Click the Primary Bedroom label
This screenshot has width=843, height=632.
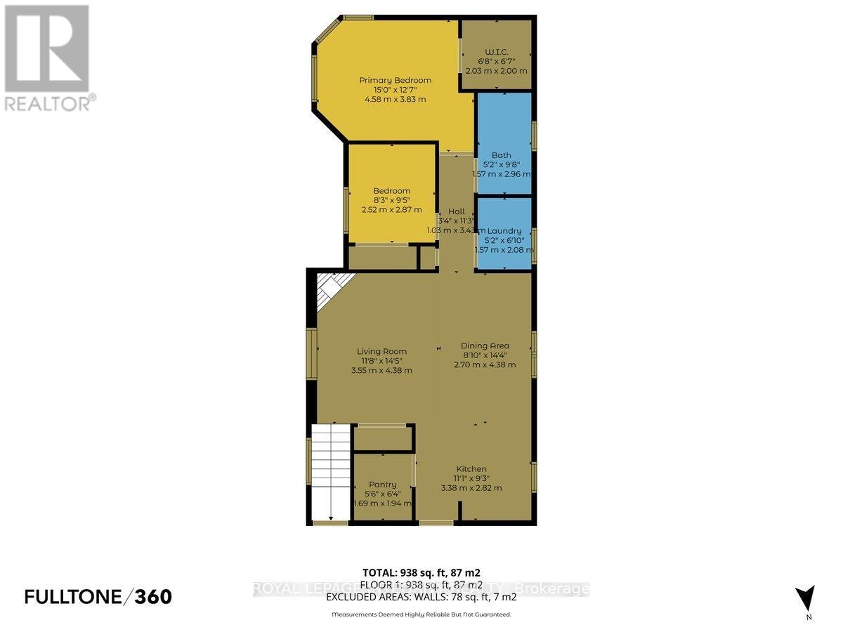395,80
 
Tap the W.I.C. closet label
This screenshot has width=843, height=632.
496,50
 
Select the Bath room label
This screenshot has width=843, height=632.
502,155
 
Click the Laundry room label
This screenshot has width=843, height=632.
504,230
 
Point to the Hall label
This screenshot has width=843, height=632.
457,211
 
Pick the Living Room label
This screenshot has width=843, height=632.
381,351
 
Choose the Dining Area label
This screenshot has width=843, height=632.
485,345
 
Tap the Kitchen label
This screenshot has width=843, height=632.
471,469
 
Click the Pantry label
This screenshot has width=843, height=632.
382,484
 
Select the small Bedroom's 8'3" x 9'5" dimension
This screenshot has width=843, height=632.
391,200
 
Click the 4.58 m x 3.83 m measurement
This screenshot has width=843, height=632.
395,99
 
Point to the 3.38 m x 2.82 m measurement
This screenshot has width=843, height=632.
471,488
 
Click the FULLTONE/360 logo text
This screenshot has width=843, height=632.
98,597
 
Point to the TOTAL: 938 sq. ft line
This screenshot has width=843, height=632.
421,572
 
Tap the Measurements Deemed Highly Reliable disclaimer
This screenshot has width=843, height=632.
421,614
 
